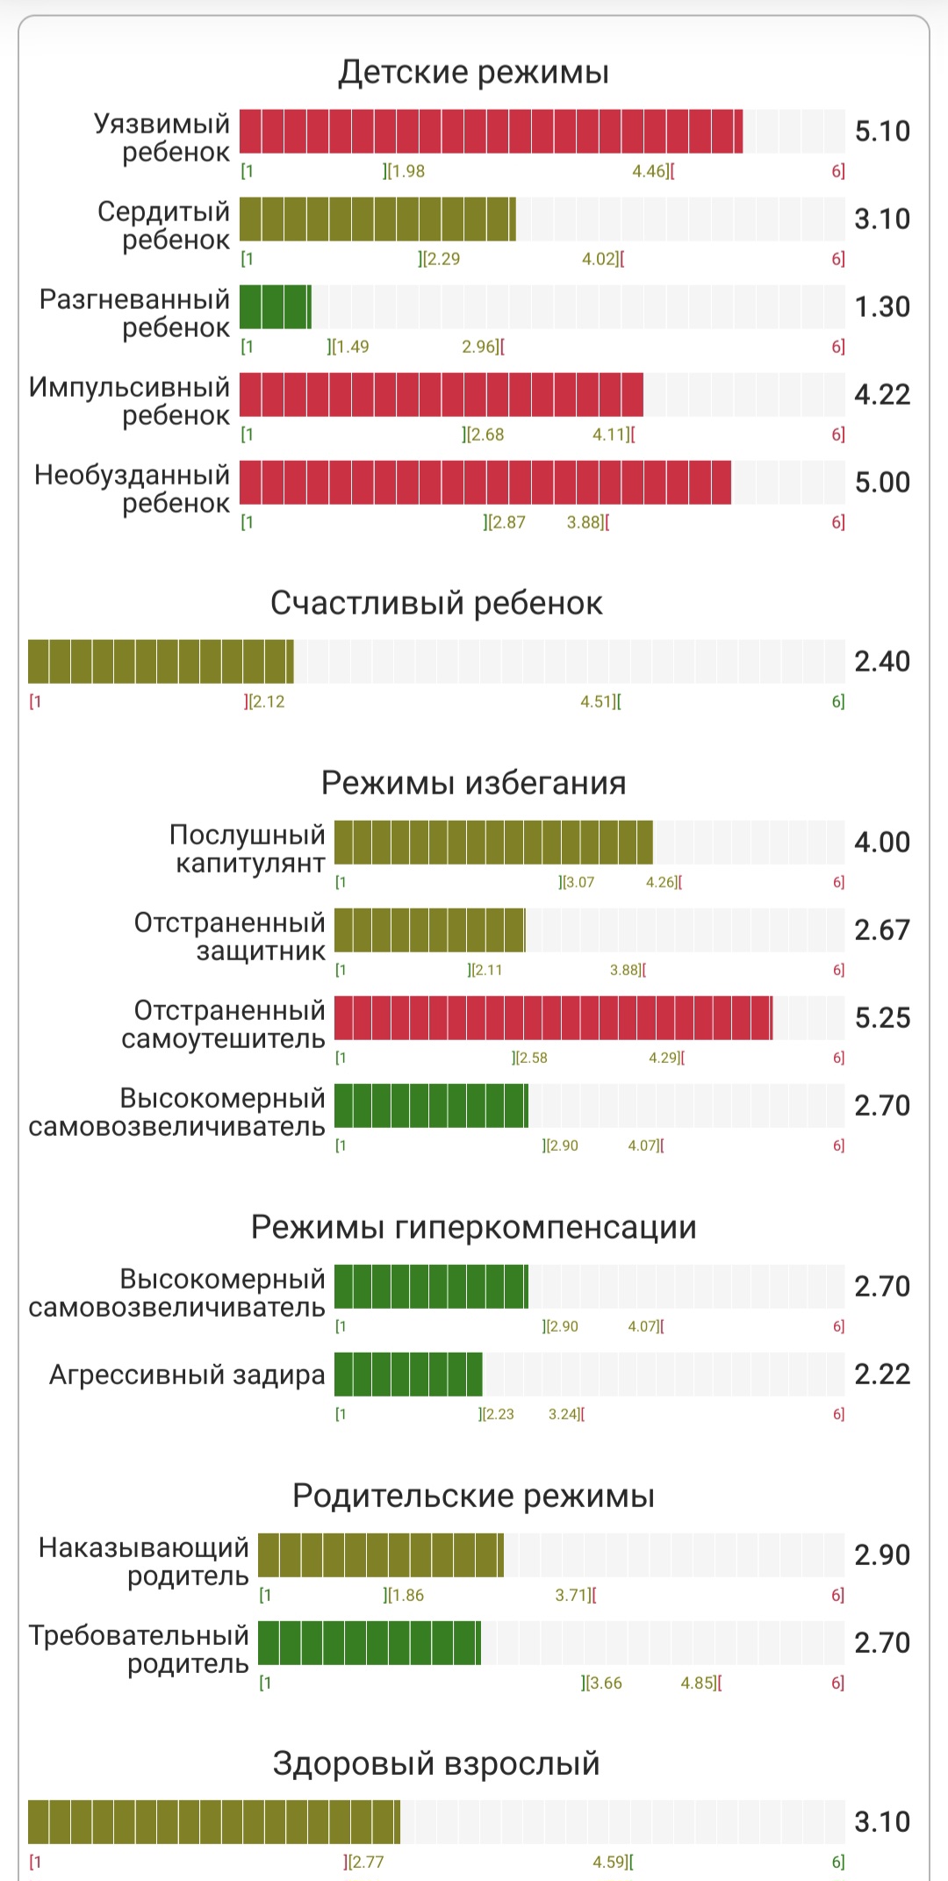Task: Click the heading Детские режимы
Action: (473, 72)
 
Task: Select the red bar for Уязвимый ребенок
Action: (491, 132)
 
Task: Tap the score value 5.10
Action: (882, 132)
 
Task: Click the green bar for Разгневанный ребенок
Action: (275, 307)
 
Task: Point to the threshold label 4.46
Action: (650, 171)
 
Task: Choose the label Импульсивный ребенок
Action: (130, 401)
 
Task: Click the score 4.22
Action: (882, 395)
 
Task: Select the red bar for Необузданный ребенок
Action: (485, 483)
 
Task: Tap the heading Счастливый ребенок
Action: (436, 604)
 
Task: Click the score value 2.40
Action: (882, 662)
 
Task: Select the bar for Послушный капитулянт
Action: (493, 843)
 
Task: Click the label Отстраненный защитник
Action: (230, 937)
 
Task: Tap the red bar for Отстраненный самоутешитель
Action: (553, 1018)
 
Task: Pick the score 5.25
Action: (882, 1018)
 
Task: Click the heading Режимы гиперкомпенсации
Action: (473, 1227)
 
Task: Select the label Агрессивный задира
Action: (187, 1375)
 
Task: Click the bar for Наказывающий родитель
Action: (380, 1555)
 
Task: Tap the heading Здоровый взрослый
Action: (436, 1763)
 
